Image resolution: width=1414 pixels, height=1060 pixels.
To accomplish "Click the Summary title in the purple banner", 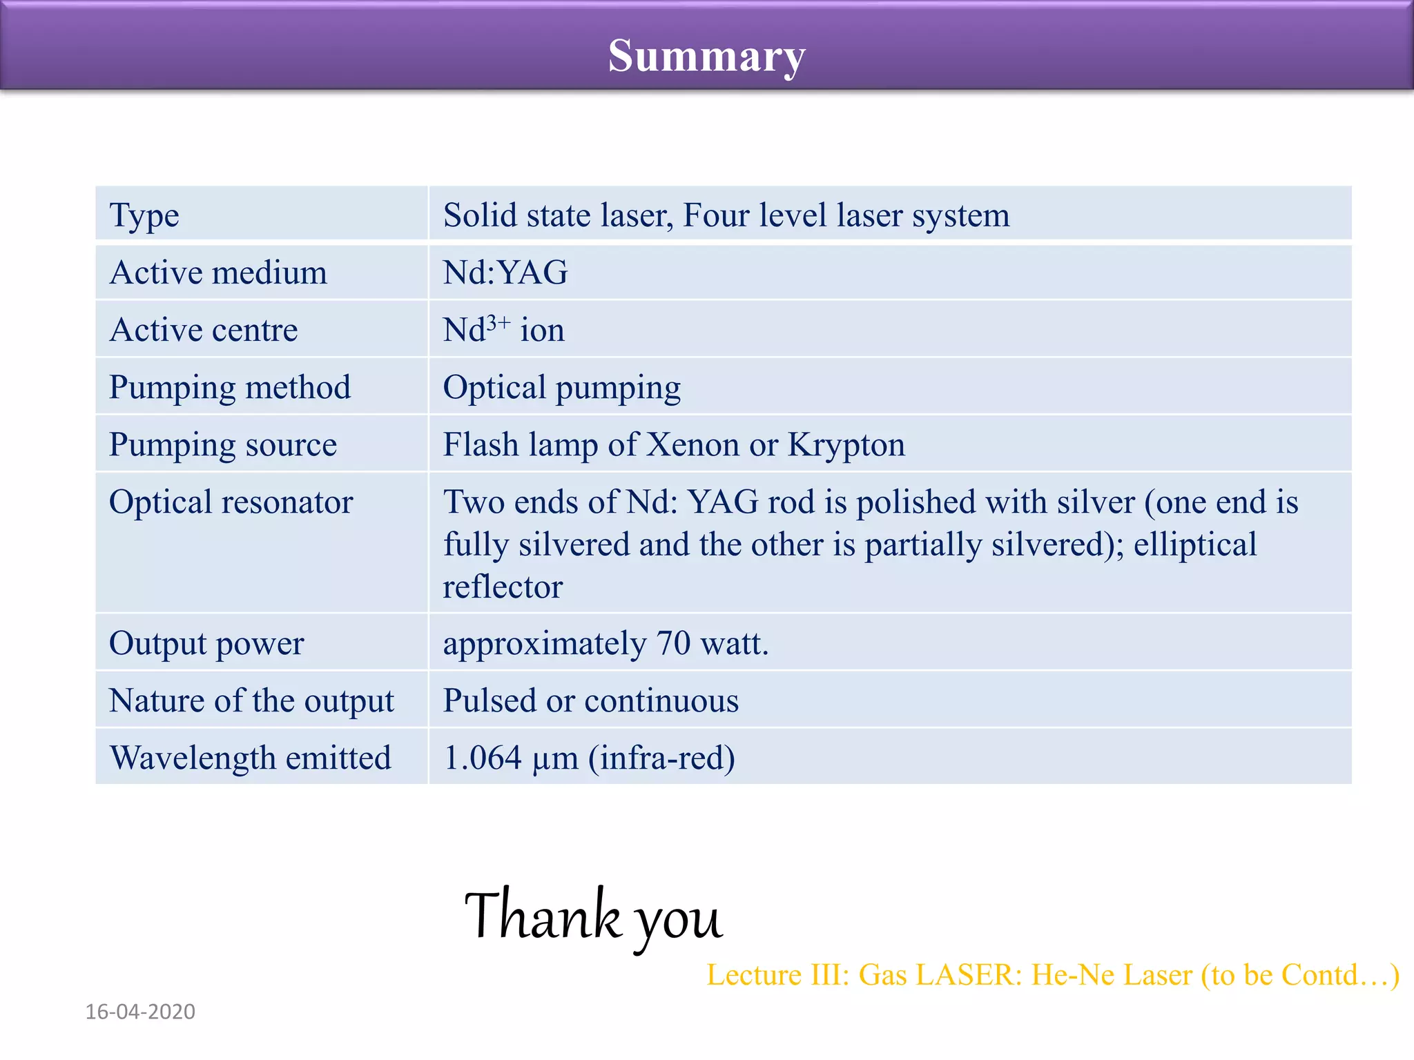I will [706, 55].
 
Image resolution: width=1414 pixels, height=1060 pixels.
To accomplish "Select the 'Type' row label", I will [144, 215].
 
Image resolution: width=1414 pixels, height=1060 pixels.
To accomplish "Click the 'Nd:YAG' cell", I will [505, 273].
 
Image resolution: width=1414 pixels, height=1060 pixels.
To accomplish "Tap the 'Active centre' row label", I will [204, 330].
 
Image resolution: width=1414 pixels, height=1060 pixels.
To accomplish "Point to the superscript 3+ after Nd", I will [498, 322].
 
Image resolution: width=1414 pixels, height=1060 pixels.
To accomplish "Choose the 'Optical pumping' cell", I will [561, 388].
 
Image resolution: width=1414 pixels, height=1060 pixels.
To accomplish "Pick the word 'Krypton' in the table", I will [846, 444].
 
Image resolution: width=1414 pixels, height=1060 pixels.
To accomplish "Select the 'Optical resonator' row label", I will [231, 502].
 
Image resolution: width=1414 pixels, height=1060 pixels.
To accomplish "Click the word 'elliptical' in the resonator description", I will [1194, 544].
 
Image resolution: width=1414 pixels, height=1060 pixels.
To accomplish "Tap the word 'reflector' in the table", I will [503, 587].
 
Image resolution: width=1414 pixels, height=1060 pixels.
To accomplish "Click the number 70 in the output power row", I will [673, 643].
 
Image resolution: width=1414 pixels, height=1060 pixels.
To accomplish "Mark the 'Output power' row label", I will [206, 643].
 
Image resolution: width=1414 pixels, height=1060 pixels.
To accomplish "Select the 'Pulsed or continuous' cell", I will [590, 700].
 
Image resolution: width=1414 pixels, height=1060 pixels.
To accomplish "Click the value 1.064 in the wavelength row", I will [482, 758].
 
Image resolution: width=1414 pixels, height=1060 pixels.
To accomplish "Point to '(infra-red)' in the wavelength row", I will [661, 758].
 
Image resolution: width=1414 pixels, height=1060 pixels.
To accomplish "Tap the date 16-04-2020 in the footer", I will [140, 1012].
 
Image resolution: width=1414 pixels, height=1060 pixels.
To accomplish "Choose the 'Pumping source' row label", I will [223, 444].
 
